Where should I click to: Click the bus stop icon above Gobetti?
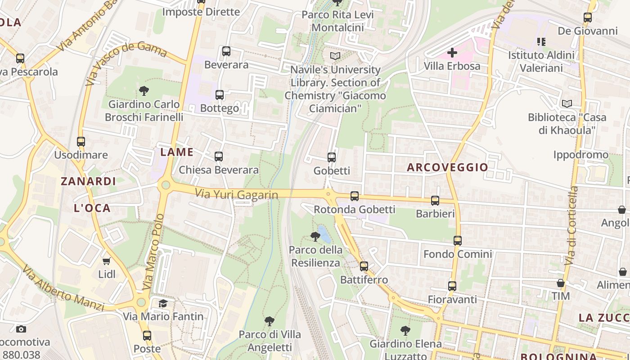pos(332,157)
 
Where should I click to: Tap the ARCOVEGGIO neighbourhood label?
pos(447,167)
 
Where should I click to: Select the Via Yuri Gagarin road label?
pos(236,193)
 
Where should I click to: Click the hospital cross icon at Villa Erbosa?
pos(452,53)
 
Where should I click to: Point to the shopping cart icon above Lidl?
pos(107,261)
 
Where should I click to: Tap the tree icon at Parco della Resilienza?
pos(315,236)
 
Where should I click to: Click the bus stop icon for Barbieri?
pos(435,201)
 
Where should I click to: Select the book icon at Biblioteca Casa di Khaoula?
pos(567,103)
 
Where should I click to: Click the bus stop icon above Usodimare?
pos(81,141)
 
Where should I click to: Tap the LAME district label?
pos(177,152)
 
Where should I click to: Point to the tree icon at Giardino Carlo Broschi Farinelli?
pos(144,91)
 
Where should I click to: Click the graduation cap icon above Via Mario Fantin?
pos(163,303)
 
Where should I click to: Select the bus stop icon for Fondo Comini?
pos(458,241)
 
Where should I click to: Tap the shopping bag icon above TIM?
pos(561,283)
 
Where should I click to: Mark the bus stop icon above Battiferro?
pos(364,266)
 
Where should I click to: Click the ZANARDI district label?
pos(88,181)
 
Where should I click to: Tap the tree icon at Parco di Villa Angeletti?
pos(270,321)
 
